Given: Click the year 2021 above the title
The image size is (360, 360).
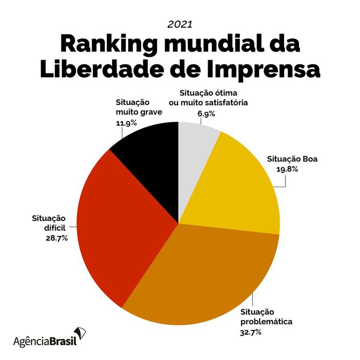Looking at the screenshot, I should (180, 23).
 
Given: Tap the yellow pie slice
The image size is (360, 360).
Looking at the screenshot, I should (234, 186).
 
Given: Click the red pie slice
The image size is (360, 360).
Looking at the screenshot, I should (119, 224).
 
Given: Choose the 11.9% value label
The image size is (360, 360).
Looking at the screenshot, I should (127, 123).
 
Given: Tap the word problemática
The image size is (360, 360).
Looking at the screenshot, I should (266, 321).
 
